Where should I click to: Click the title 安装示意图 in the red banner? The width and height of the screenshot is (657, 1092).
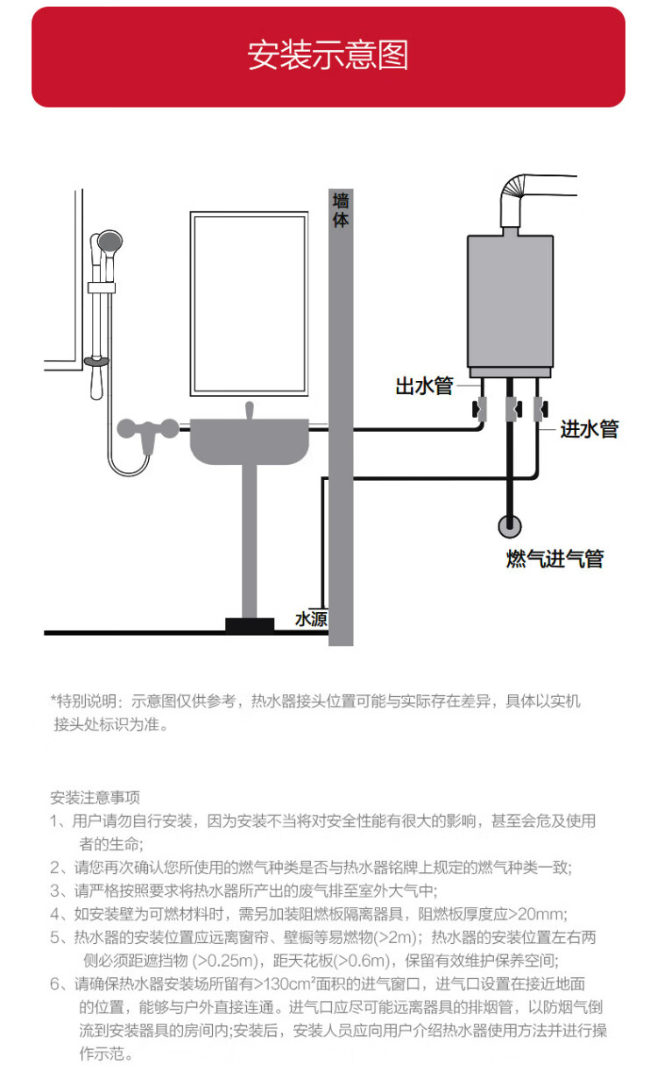pyautogui.click(x=328, y=56)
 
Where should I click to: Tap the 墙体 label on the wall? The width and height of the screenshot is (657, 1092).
pyautogui.click(x=341, y=211)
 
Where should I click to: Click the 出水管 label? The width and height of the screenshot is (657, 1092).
pyautogui.click(x=424, y=385)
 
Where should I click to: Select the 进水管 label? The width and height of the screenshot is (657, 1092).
pyautogui.click(x=590, y=429)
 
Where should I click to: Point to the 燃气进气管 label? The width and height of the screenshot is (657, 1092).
pyautogui.click(x=555, y=559)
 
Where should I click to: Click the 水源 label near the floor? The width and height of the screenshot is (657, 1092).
pyautogui.click(x=311, y=619)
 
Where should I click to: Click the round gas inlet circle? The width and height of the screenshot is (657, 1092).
pyautogui.click(x=510, y=526)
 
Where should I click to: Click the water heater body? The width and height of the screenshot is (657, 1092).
pyautogui.click(x=510, y=301)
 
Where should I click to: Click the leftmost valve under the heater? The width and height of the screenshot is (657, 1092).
pyautogui.click(x=482, y=407)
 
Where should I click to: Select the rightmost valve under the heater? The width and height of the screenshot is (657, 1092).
pyautogui.click(x=539, y=407)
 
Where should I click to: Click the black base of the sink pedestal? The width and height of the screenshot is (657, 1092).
pyautogui.click(x=250, y=625)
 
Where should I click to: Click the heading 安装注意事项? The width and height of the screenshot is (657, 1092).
pyautogui.click(x=95, y=798)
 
